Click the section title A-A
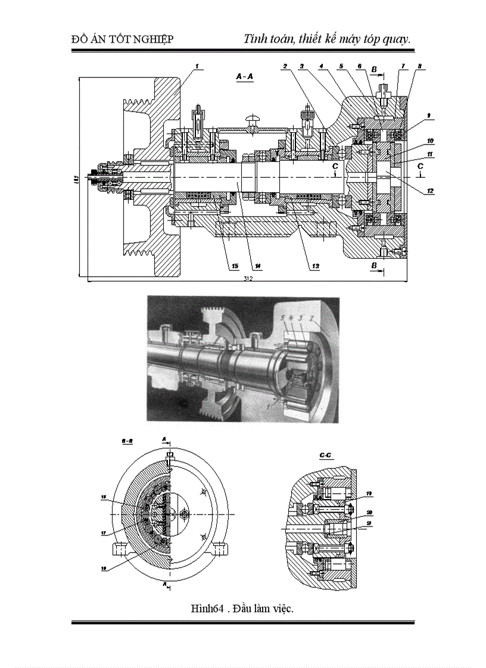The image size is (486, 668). [x=245, y=77]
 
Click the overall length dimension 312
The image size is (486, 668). [x=245, y=278]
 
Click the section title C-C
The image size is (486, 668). [x=325, y=456]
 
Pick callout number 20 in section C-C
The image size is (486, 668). [x=369, y=513]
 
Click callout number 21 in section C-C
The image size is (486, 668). [x=369, y=523]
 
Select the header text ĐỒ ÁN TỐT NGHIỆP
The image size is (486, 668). [x=121, y=39]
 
